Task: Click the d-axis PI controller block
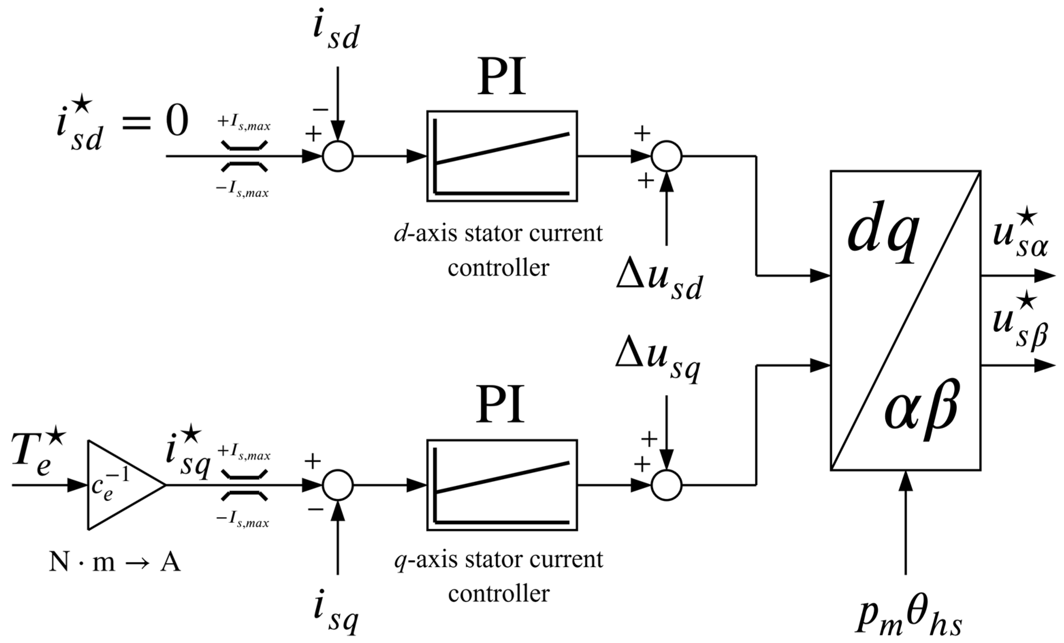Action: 502,156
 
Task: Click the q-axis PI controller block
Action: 502,485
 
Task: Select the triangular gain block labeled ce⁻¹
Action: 117,485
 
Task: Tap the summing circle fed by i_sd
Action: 338,156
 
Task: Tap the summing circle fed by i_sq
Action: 338,485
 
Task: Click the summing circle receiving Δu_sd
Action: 666,156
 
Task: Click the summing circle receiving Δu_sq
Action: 666,485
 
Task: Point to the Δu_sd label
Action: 659,282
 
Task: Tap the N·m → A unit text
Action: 114,563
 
